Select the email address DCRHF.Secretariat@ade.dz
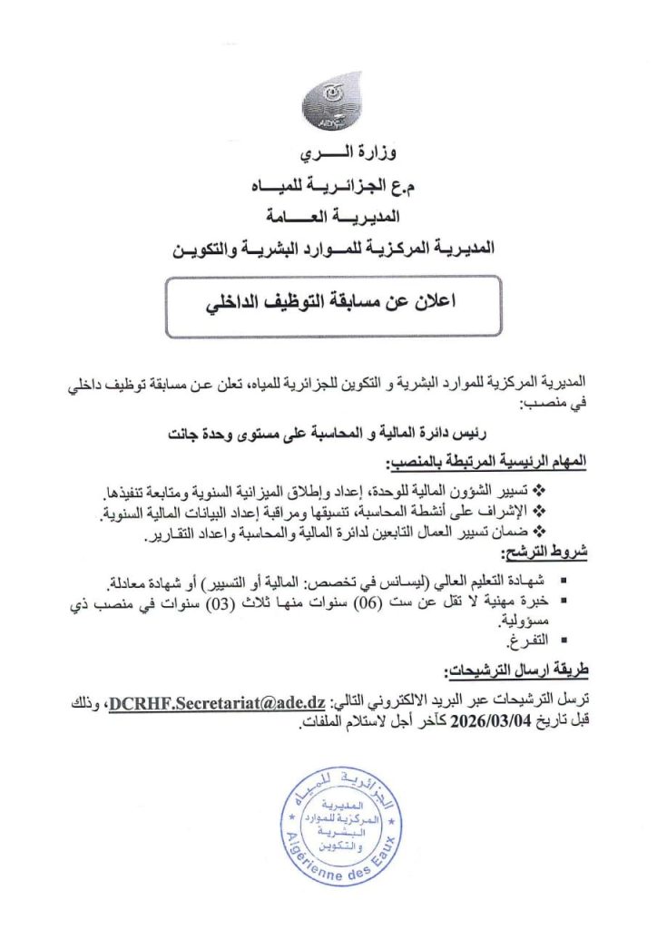[x=212, y=703]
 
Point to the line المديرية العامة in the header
[x=328, y=218]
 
